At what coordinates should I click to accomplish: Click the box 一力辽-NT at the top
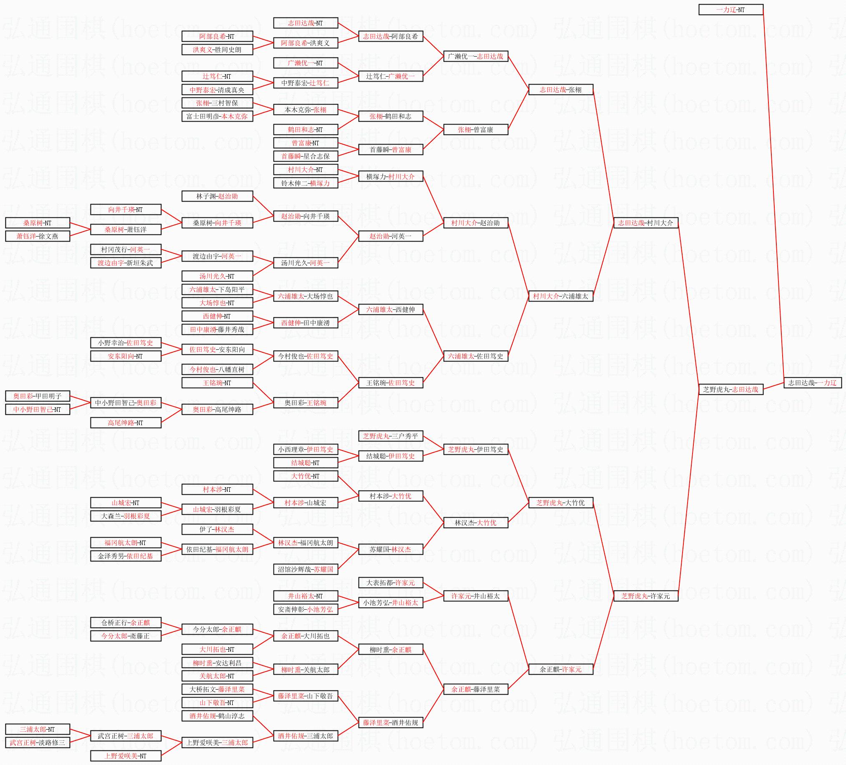731,10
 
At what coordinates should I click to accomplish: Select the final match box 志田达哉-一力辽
812,383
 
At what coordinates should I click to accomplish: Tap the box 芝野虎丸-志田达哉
731,389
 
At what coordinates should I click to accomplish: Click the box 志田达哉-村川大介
646,223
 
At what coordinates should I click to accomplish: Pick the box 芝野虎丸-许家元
646,596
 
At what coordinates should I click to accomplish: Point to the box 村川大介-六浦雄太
561,296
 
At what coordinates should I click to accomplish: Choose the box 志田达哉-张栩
561,90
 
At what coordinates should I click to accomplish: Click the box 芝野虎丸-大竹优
561,503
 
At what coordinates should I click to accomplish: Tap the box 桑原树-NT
38,223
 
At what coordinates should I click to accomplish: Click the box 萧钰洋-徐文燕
38,237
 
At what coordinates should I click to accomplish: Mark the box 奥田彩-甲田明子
38,396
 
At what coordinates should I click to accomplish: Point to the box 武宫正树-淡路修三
38,743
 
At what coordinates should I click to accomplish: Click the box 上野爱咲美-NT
126,756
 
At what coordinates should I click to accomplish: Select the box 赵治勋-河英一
391,237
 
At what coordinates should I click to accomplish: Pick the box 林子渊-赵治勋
217,196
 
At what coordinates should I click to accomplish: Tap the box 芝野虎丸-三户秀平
391,436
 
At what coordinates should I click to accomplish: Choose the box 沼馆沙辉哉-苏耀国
306,569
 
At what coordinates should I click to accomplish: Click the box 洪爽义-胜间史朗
217,50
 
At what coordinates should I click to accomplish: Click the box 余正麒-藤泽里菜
476,689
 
